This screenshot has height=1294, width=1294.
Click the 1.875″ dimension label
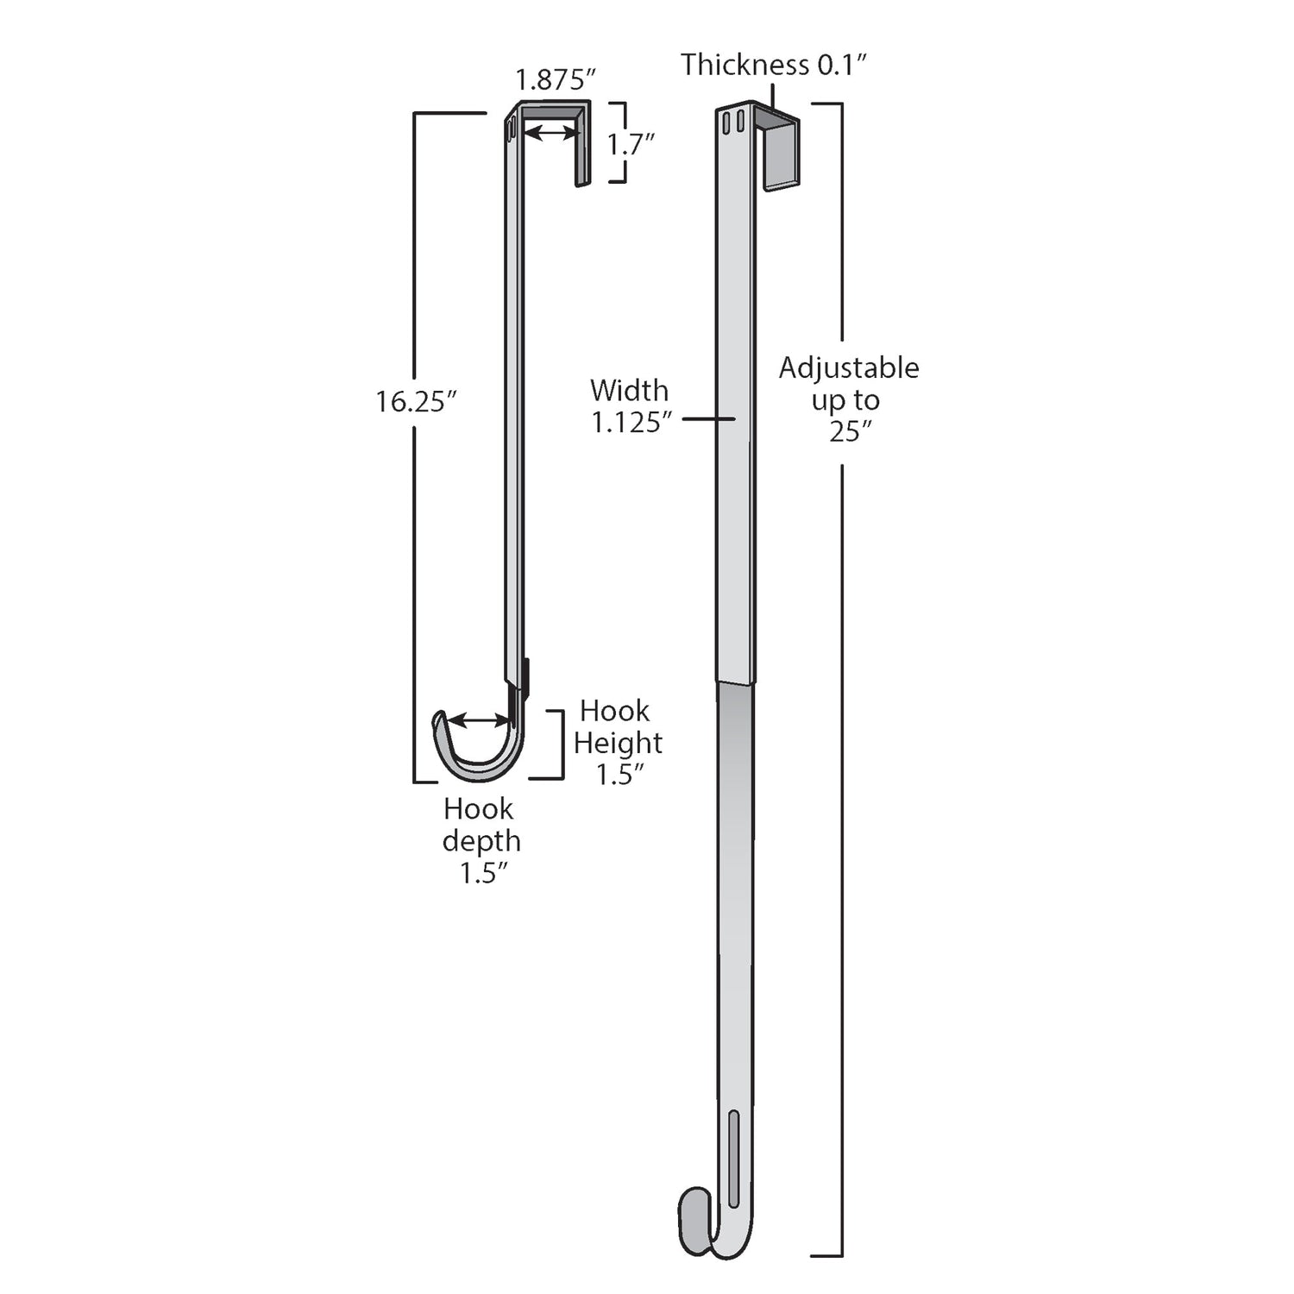coord(556,80)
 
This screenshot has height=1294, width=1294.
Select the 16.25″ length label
coord(415,401)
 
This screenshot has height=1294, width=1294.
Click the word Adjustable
coord(849,368)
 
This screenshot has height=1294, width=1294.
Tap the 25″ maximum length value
coord(851,431)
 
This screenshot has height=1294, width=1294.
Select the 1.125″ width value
coord(631,423)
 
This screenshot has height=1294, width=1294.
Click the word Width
coord(629,391)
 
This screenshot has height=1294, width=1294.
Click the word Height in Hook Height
coord(618,743)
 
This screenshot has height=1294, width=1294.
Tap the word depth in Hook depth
coord(481,841)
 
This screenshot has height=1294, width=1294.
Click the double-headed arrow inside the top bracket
coord(551,133)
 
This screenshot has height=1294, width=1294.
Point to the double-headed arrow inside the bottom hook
coord(479,720)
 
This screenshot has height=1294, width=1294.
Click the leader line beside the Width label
coord(708,419)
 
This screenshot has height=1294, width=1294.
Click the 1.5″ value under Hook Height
coord(619,775)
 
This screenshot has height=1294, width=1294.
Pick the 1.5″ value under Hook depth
coord(482,873)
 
